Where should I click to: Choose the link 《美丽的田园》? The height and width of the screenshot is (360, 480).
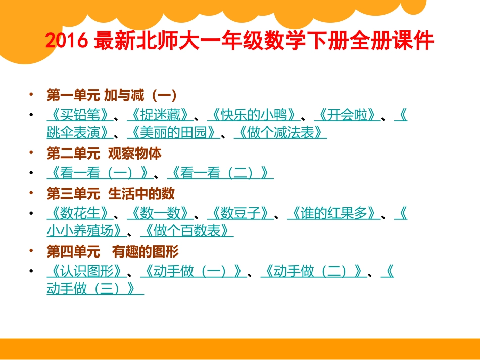[x=173, y=132]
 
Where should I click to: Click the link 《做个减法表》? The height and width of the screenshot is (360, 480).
[x=280, y=132]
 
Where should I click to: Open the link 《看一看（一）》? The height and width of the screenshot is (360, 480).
[x=100, y=173]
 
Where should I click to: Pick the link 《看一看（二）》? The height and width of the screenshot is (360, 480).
[x=220, y=173]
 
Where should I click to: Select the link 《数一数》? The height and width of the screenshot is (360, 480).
[x=160, y=213]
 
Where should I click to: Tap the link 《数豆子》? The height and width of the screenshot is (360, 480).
[x=240, y=213]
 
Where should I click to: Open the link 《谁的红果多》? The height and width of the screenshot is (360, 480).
[x=333, y=213]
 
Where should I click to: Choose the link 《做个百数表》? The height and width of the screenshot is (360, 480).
[x=186, y=231]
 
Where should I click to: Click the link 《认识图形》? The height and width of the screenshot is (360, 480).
[x=86, y=271]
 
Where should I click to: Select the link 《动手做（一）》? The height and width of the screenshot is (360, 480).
[x=193, y=271]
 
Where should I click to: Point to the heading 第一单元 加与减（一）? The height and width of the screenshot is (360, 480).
[x=111, y=94]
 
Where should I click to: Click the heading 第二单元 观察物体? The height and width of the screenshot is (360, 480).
[x=104, y=153]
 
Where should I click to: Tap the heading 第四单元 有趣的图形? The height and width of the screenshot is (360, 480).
[x=113, y=251]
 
